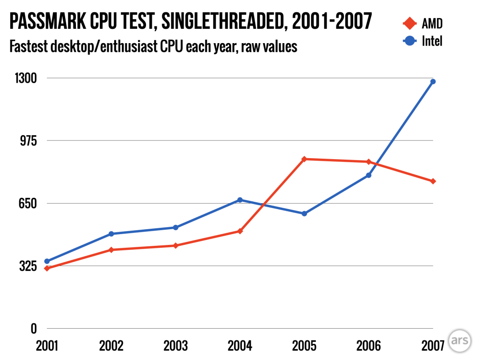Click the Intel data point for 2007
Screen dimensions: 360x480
pos(433,82)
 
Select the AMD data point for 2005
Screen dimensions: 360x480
pos(304,159)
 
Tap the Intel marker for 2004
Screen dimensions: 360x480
pos(240,200)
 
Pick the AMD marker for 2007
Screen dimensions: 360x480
pos(433,181)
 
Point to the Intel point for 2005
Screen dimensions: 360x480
pos(304,214)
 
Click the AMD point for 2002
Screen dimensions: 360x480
pos(111,250)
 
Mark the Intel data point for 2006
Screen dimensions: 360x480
pos(369,175)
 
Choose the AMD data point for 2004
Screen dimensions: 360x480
pos(240,231)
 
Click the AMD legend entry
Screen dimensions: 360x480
pos(424,23)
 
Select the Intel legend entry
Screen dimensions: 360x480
pos(424,41)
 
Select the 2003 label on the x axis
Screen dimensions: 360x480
pos(175,346)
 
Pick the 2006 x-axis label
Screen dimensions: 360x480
pos(369,346)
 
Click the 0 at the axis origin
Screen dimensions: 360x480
pos(34,329)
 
